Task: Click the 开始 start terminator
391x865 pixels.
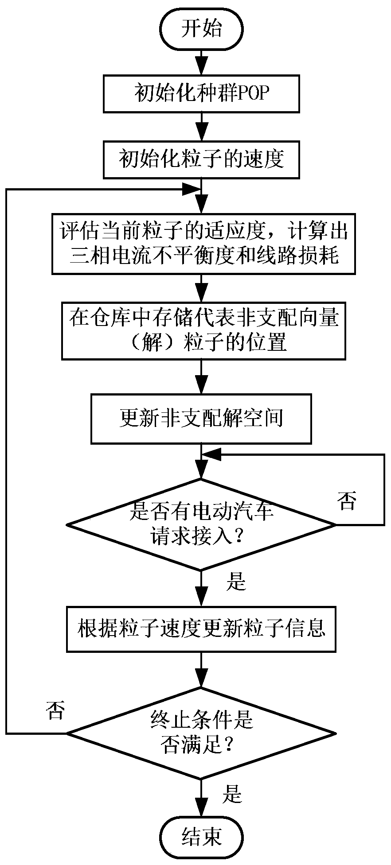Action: pos(201,29)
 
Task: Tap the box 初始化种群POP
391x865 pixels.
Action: pos(201,93)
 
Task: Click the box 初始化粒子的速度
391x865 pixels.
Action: pos(201,159)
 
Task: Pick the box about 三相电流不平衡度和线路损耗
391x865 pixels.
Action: pos(203,244)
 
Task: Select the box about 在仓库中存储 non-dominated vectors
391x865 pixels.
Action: pos(203,330)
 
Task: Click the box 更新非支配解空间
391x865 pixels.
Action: pos(201,419)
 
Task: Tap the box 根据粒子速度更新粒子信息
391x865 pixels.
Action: pos(201,628)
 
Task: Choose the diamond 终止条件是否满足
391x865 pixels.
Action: pos(201,733)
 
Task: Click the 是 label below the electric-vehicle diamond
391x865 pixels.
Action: pos(235,581)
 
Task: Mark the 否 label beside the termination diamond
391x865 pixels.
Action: pos(55,711)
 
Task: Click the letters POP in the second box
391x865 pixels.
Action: pos(253,93)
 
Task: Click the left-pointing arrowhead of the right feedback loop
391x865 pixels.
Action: pos(211,454)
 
